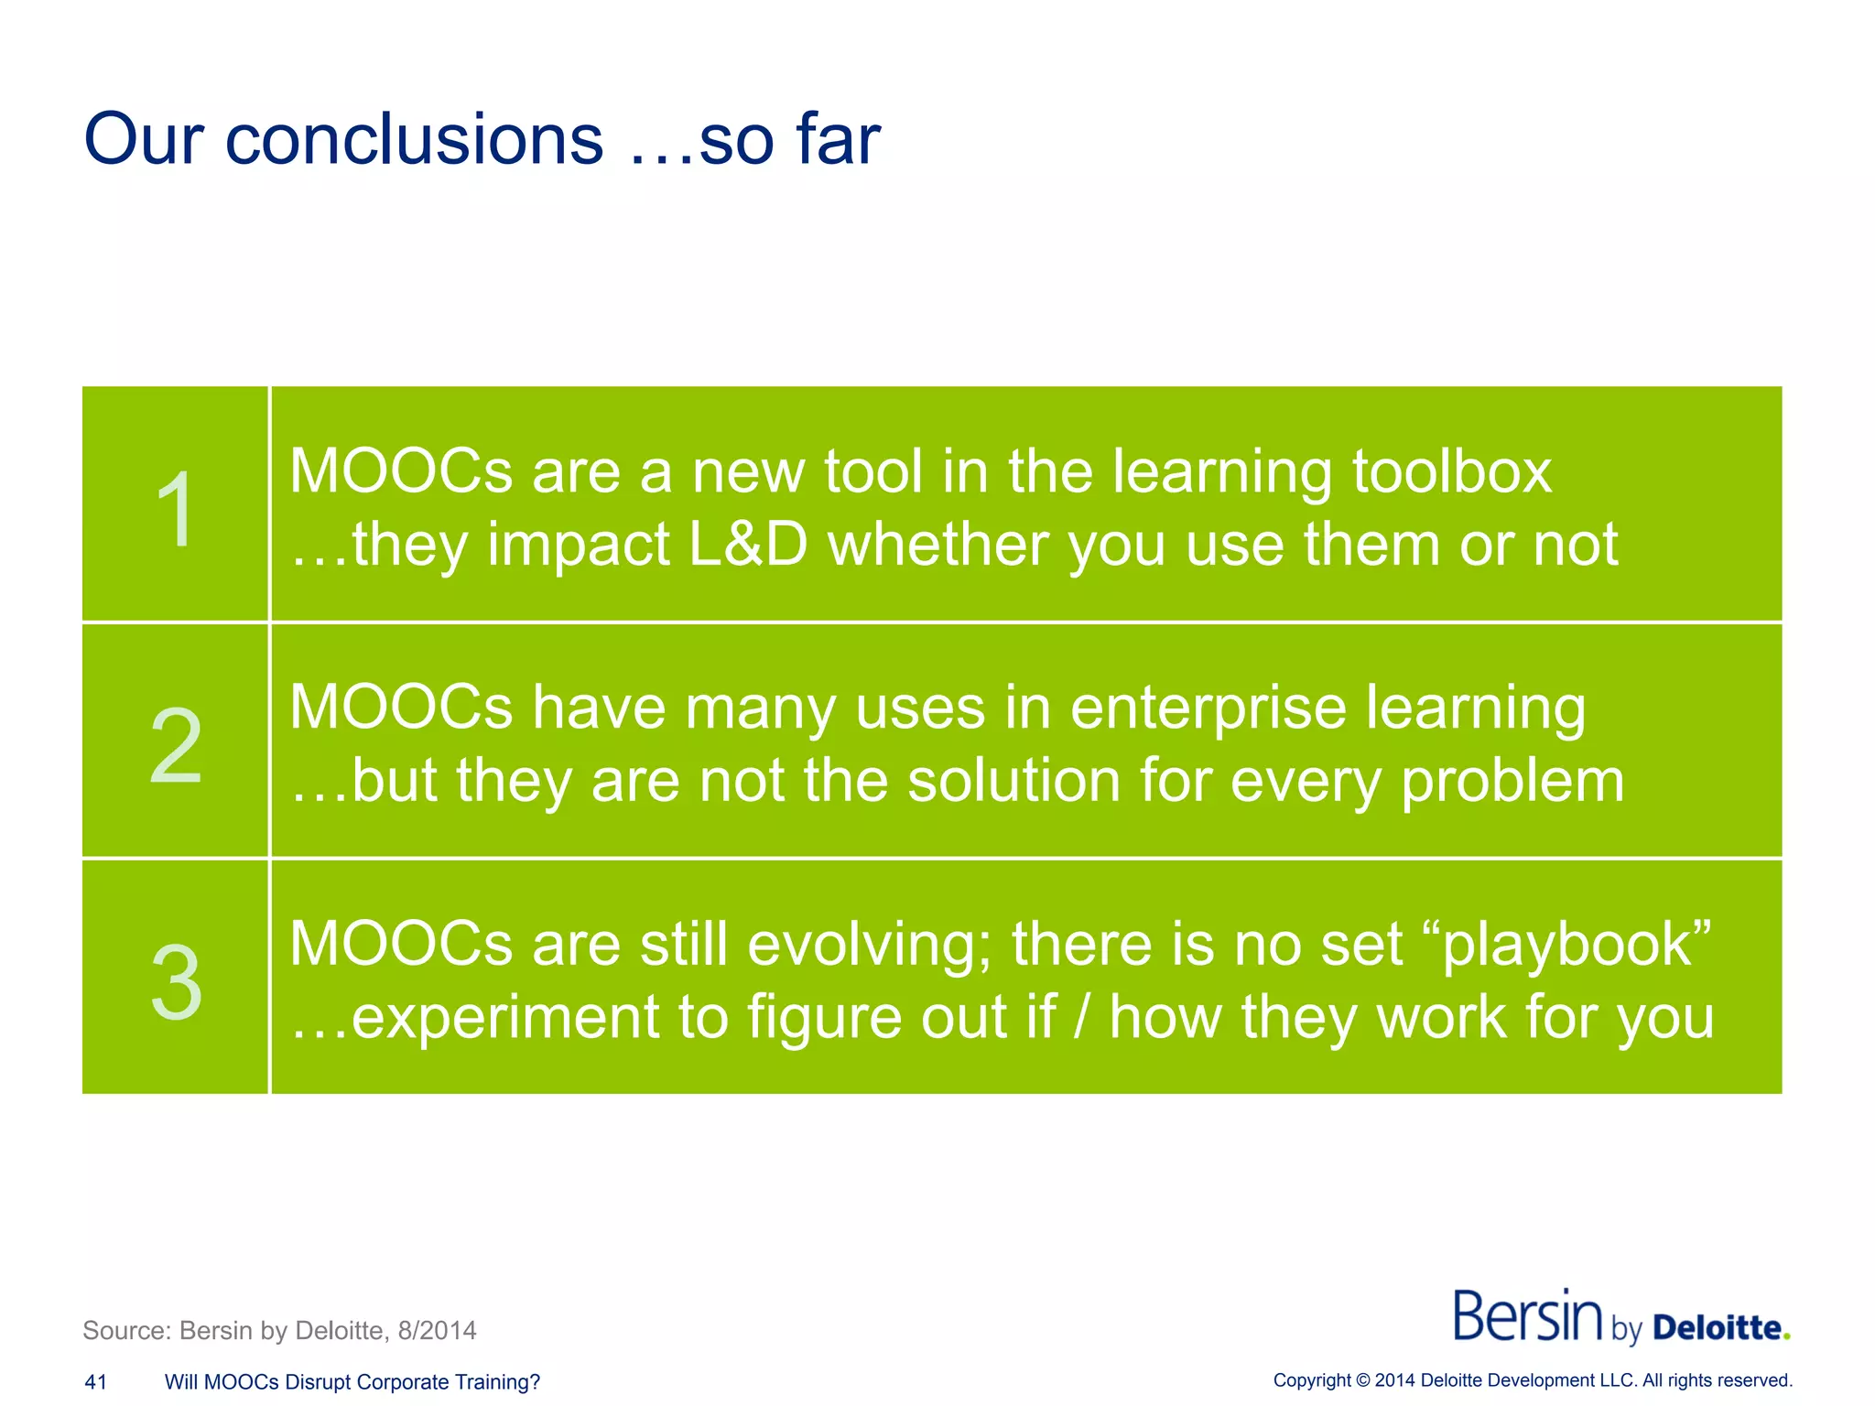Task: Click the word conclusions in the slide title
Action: [x=414, y=140]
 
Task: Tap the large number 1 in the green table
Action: [x=174, y=509]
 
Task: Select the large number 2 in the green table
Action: [x=176, y=746]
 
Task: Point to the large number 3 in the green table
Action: [x=176, y=982]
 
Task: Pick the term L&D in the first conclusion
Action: [x=748, y=545]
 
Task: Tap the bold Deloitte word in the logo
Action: [x=1718, y=1327]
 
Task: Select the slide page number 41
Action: [x=95, y=1382]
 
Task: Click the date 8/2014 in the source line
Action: [x=437, y=1330]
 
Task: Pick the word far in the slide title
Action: [x=838, y=140]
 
